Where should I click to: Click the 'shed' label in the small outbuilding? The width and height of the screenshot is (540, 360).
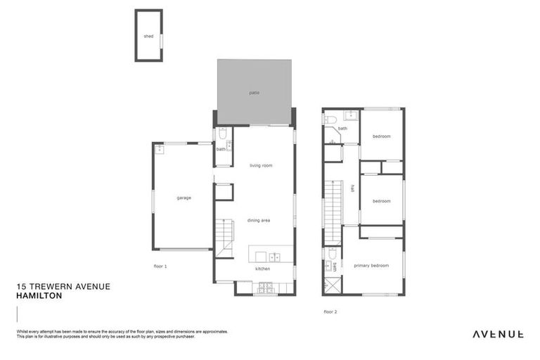coord(148,36)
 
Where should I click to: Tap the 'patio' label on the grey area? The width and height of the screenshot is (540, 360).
coord(254,92)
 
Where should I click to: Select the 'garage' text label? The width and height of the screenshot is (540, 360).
coord(184,198)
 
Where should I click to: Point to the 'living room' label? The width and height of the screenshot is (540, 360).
coord(261,166)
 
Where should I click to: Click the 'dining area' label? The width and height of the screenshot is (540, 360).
coord(259,221)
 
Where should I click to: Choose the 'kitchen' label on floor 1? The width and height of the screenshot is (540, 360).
coord(262,269)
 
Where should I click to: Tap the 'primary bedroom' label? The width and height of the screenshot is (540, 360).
coord(371,266)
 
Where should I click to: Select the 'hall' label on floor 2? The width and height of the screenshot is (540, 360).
coord(352,188)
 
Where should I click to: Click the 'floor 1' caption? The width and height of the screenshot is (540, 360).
coord(160,266)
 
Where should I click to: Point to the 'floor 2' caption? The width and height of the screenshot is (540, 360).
coord(330,311)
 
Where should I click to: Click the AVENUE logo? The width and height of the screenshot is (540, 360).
coord(497,334)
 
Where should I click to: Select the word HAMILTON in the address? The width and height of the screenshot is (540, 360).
coord(39,297)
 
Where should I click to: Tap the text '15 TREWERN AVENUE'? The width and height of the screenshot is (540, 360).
coord(63,287)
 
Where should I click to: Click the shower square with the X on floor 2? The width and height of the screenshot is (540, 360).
coord(333,285)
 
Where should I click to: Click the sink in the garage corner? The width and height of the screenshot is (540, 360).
coord(159,148)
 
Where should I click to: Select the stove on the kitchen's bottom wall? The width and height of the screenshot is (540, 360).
coord(266,288)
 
